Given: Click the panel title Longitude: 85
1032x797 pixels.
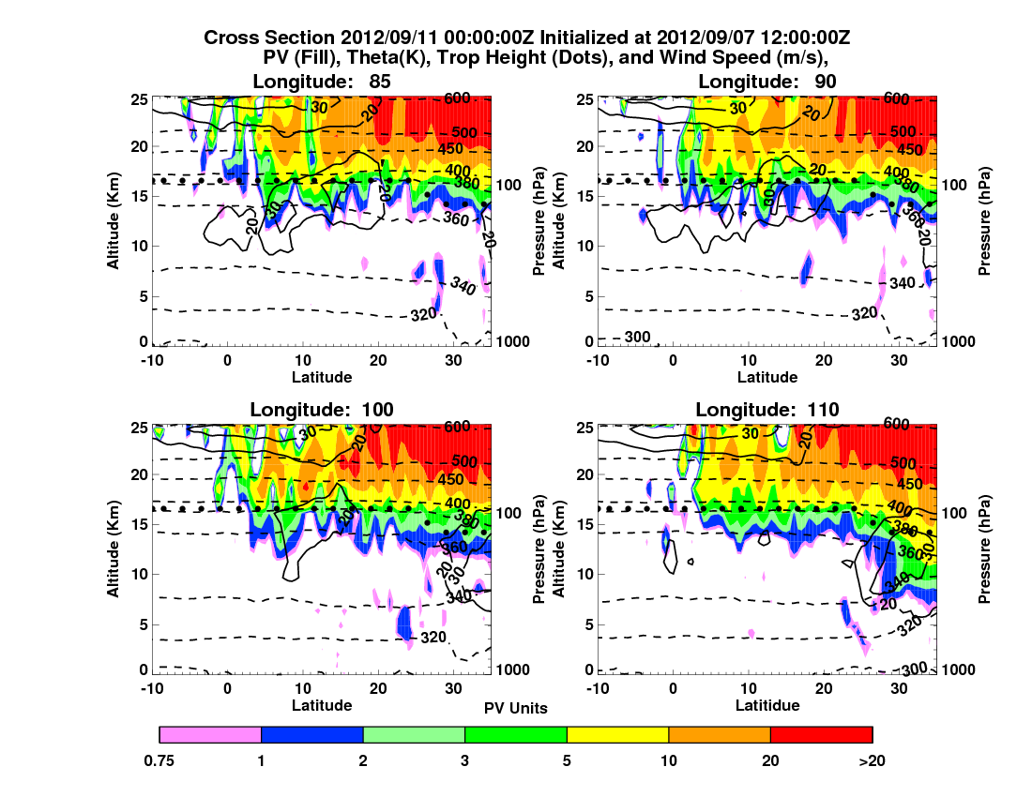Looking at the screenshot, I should coord(322,82).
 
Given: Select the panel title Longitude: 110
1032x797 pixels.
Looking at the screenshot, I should coord(766,409).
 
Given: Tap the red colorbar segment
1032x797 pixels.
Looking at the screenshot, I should coord(821,734).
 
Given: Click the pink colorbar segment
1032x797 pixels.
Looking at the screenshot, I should coord(210,734).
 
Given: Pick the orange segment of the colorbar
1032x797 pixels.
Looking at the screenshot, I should coord(719,734).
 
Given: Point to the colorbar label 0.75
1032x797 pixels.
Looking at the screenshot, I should coord(160,761).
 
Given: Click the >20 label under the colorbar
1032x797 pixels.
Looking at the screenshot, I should coord(872,761).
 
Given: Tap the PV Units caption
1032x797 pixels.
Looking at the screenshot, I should coord(516,708).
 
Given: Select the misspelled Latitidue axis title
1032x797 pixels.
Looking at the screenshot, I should coord(767,705).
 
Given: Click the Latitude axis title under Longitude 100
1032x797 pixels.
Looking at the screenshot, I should coord(322,705).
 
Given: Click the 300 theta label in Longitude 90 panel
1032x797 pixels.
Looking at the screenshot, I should coord(637,338).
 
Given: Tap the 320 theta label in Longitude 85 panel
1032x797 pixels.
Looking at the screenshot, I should coord(424,313).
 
